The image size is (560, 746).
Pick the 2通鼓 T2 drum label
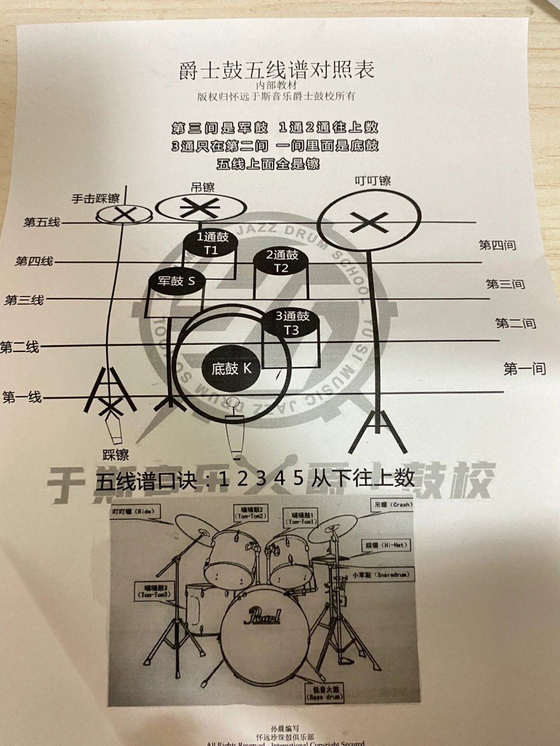coord(282,261)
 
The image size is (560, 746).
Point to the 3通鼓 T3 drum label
coord(292,323)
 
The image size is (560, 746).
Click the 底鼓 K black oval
coord(231,368)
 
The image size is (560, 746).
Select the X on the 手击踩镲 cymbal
coord(123,214)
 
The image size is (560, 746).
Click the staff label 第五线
coord(41,222)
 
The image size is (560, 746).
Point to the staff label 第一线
coord(22,398)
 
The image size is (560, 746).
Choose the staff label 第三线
coord(24,301)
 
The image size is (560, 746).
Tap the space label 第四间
coord(497,245)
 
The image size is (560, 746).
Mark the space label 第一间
coord(524,368)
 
